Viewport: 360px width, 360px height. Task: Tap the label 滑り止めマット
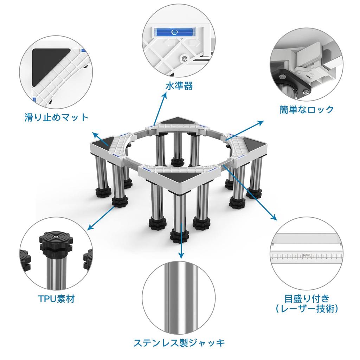(56, 117)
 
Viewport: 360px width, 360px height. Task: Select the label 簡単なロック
(307, 110)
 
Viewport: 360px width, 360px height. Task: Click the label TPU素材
(56, 299)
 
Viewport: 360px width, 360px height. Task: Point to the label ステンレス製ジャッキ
(179, 342)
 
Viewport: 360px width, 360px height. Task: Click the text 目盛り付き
(307, 299)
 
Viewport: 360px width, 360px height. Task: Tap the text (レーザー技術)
(307, 309)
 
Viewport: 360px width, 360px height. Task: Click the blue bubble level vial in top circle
(173, 33)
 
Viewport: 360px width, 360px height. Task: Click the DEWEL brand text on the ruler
(307, 255)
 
